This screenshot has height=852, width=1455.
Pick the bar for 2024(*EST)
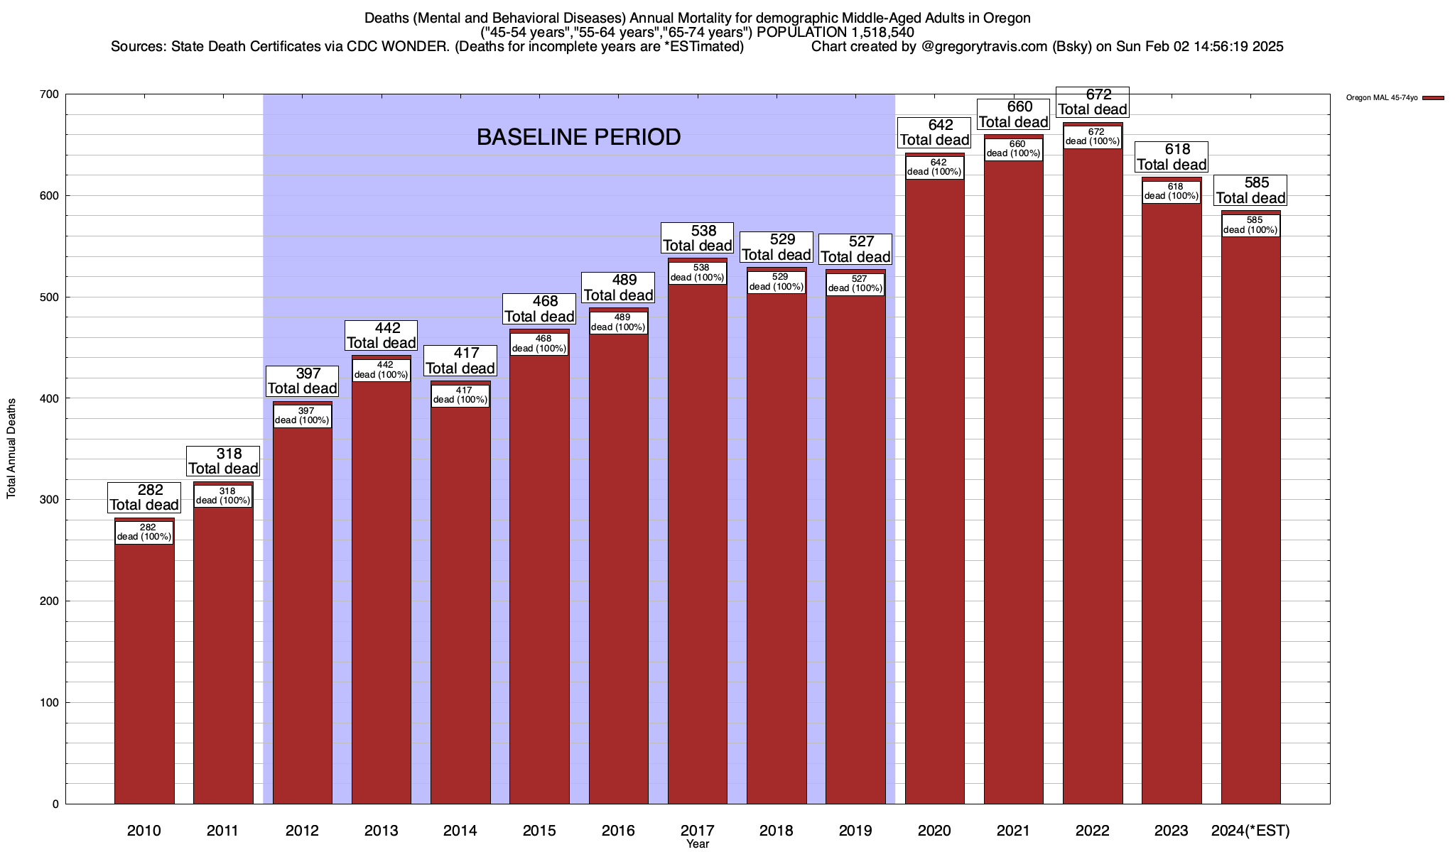pos(1250,525)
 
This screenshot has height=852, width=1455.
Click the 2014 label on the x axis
pos(460,830)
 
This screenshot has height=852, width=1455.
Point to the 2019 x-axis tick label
pos(855,830)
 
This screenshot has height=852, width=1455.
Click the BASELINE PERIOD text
pos(578,137)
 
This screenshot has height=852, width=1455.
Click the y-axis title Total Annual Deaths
pos(11,448)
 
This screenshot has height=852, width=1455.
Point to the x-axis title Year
pos(697,843)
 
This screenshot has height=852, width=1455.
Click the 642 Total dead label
pos(934,133)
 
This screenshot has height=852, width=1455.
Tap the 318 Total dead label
pos(223,461)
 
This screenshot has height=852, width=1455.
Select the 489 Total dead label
pos(618,288)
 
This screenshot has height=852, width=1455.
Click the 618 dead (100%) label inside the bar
pos(1172,192)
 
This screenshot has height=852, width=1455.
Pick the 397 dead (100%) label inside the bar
pos(302,415)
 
